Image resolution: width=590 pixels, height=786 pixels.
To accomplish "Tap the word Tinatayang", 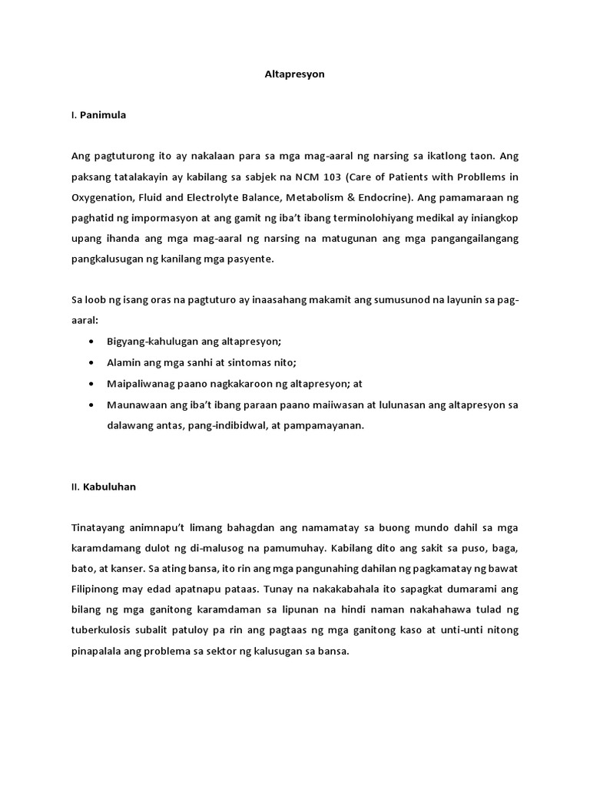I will pos(99,528).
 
